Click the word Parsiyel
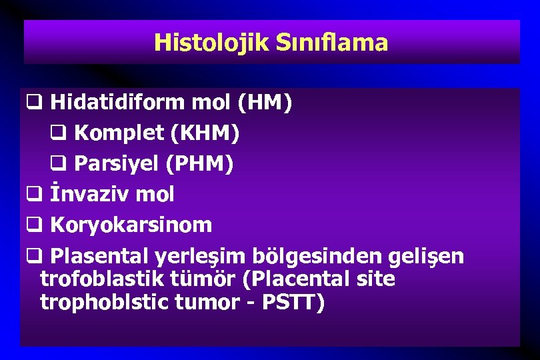[119, 163]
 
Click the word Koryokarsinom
[131, 225]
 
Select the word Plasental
[100, 255]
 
